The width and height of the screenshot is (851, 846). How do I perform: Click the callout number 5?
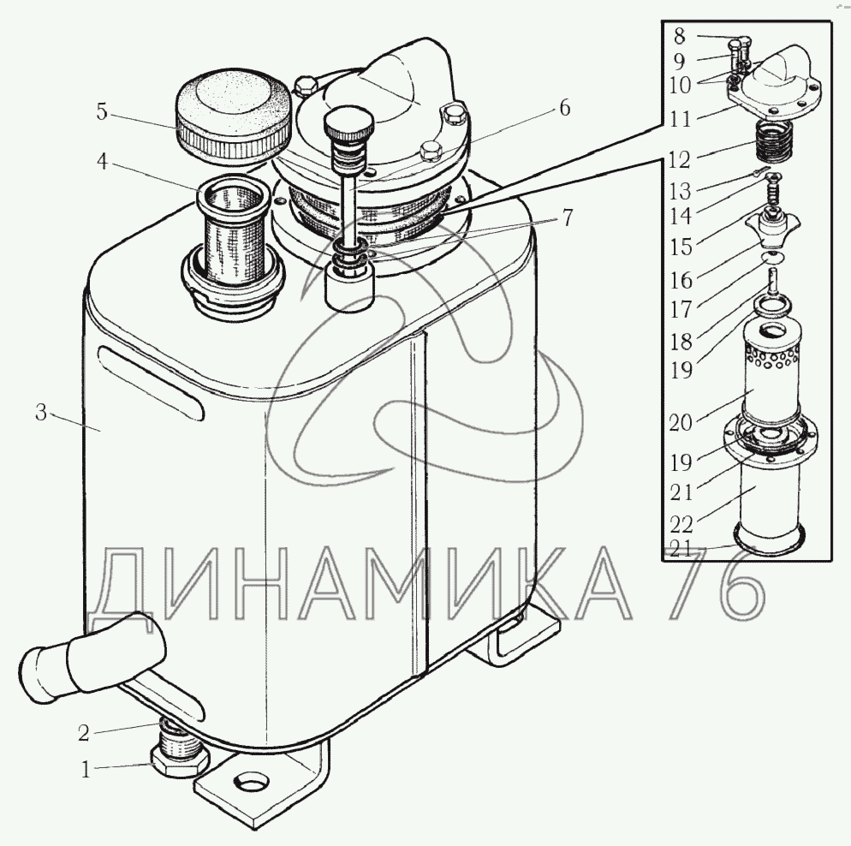[x=102, y=112]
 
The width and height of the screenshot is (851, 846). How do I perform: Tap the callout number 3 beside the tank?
[x=42, y=413]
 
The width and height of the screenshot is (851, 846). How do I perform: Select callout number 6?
[x=565, y=108]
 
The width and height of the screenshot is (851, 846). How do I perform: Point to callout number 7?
[x=567, y=217]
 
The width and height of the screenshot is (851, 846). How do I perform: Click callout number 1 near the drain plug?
[x=86, y=770]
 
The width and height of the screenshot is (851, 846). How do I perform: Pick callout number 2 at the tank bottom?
[x=83, y=733]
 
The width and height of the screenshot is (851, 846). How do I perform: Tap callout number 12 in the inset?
[x=680, y=159]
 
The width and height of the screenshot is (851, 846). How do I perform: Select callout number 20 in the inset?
[x=681, y=422]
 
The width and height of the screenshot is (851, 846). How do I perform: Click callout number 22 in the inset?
[x=681, y=524]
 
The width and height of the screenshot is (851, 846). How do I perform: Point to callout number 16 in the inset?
[x=681, y=280]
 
